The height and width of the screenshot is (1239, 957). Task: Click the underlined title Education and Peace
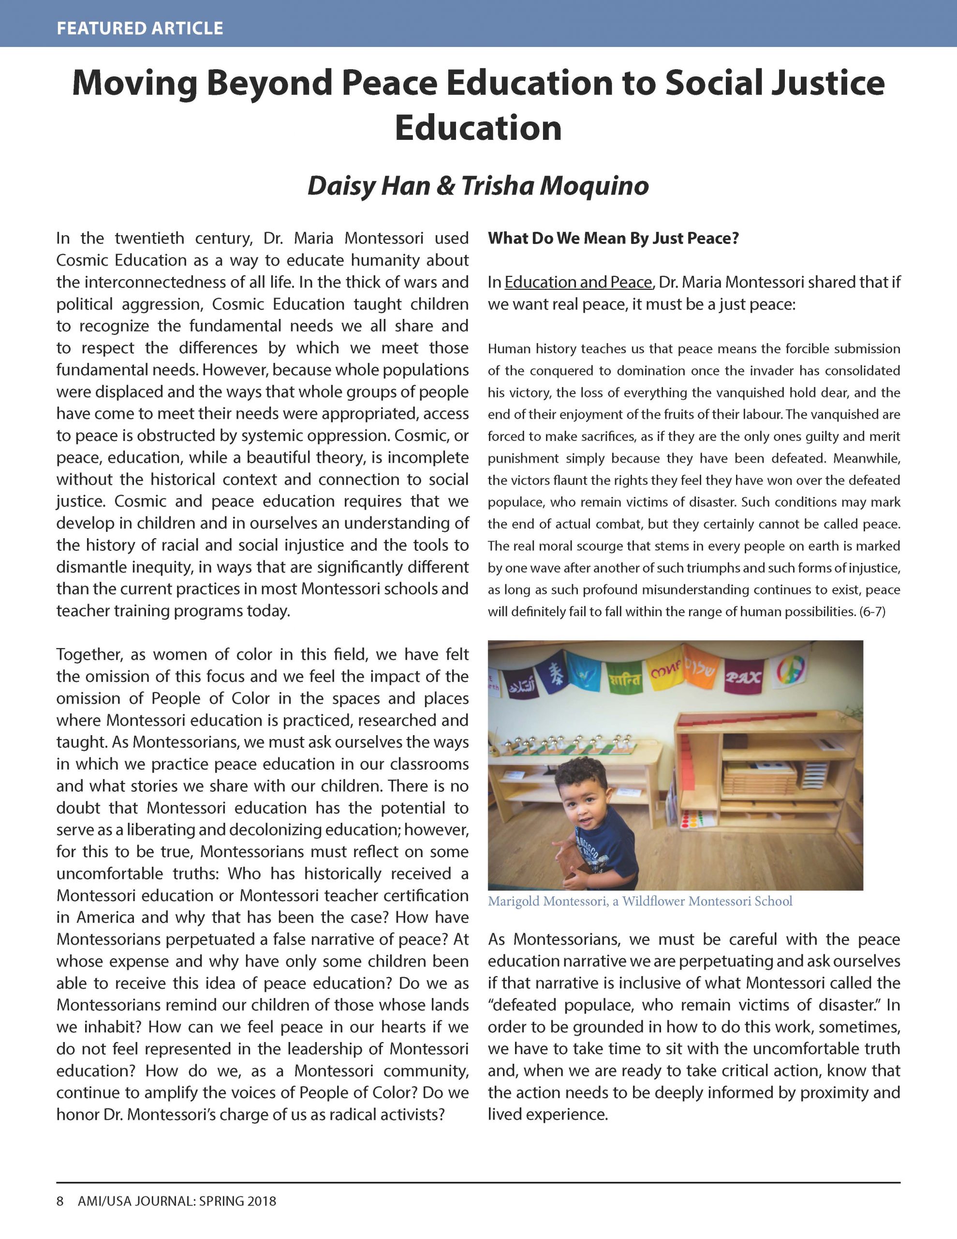[x=578, y=282]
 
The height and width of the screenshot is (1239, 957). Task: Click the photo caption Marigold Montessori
[x=639, y=902]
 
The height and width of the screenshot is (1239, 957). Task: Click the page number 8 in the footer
[x=59, y=1201]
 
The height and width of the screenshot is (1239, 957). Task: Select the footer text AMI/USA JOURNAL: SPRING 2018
[x=177, y=1201]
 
